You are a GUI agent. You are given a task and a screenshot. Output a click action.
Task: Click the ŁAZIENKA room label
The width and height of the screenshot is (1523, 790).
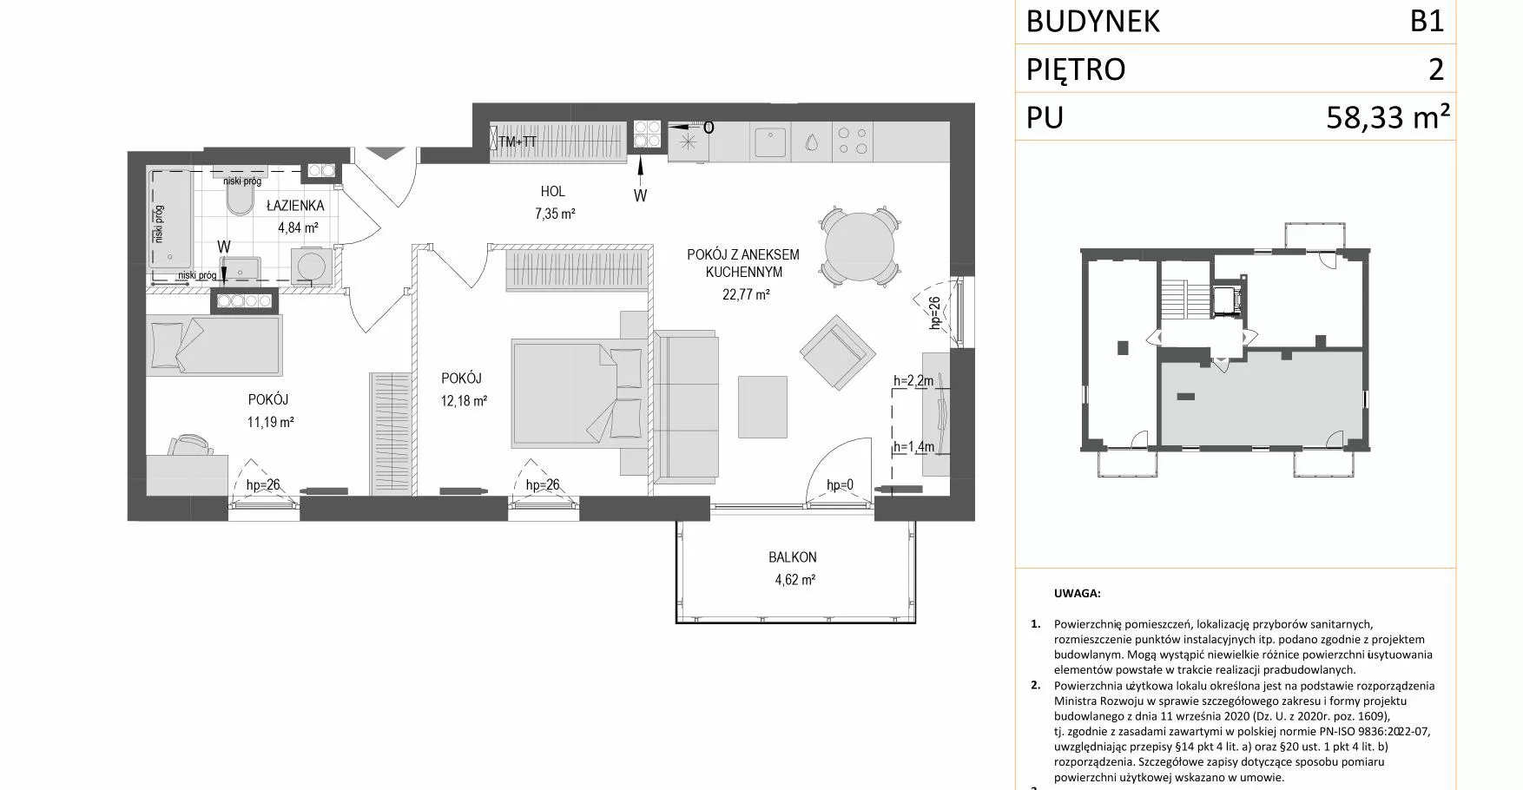295,206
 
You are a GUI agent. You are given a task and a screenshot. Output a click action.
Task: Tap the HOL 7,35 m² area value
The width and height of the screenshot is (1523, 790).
555,214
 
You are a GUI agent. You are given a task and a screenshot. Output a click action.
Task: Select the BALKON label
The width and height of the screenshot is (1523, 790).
792,557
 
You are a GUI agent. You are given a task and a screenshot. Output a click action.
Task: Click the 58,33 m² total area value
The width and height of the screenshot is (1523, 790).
1388,116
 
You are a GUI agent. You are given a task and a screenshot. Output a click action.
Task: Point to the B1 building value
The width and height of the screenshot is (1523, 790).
1427,20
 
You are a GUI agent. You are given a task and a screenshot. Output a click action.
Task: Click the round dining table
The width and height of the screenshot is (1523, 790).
859,247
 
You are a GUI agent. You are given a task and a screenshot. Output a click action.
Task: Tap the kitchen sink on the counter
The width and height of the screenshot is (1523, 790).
770,142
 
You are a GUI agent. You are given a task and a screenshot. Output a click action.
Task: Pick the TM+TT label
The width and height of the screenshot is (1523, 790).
518,142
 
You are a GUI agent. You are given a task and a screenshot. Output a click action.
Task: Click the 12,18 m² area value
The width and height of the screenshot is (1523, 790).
464,401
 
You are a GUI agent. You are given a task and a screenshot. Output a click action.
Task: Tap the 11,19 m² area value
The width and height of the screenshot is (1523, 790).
270,423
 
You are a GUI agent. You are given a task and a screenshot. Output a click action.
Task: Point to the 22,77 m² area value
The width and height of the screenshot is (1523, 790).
746,294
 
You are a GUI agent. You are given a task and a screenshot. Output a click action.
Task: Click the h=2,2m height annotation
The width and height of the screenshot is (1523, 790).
913,380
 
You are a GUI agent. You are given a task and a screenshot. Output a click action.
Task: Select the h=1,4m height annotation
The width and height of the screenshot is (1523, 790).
913,447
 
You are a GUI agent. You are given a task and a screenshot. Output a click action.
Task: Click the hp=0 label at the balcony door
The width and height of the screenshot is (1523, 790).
840,485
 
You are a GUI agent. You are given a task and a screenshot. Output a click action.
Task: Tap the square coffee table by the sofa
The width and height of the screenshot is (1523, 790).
762,407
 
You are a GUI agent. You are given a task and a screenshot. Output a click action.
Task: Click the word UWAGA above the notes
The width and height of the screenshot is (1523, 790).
1077,594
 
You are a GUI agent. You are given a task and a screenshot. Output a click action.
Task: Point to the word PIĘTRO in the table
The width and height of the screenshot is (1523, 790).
1076,69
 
